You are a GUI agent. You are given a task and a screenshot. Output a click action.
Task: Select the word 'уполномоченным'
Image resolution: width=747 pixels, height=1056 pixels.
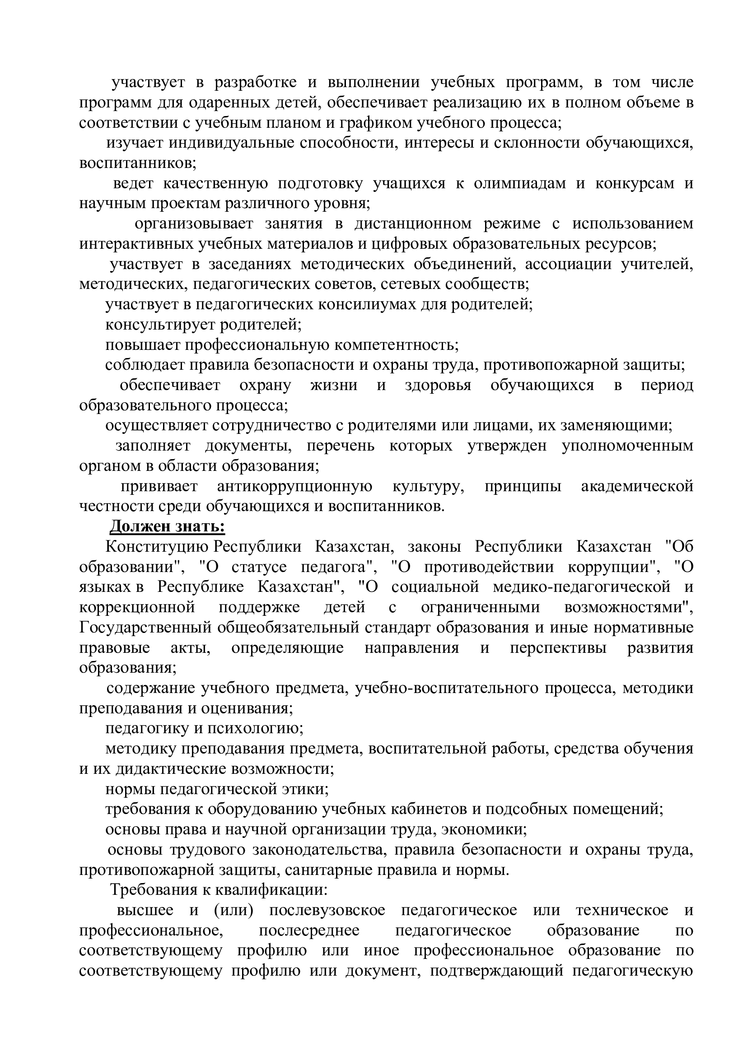pyautogui.click(x=627, y=446)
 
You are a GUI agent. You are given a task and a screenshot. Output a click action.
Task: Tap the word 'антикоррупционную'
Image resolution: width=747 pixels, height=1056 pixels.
pyautogui.click(x=294, y=487)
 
